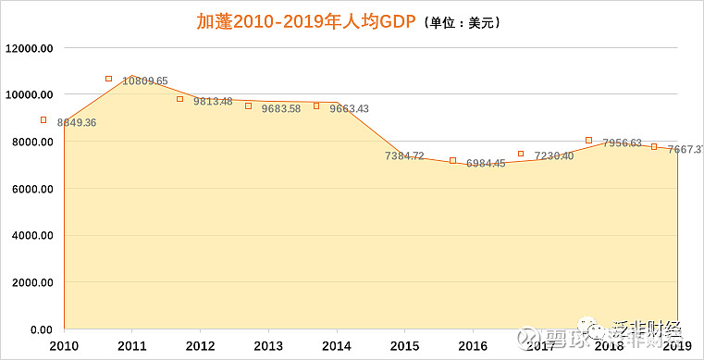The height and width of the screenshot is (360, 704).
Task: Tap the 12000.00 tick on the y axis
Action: (x=31, y=48)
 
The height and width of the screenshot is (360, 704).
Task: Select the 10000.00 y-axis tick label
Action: (x=31, y=94)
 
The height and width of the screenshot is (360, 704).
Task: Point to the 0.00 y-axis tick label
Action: (x=41, y=329)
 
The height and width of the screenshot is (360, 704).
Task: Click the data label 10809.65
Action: (x=145, y=81)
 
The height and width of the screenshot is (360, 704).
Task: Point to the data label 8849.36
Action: (x=77, y=122)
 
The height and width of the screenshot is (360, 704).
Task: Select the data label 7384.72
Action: (x=404, y=155)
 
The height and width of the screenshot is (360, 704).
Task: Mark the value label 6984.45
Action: (x=486, y=163)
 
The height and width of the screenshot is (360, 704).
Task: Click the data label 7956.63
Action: (x=622, y=143)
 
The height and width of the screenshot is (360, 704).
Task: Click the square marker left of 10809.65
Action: (x=108, y=79)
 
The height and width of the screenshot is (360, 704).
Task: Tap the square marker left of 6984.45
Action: (x=452, y=160)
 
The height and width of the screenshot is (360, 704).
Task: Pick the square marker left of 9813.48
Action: (x=180, y=99)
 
